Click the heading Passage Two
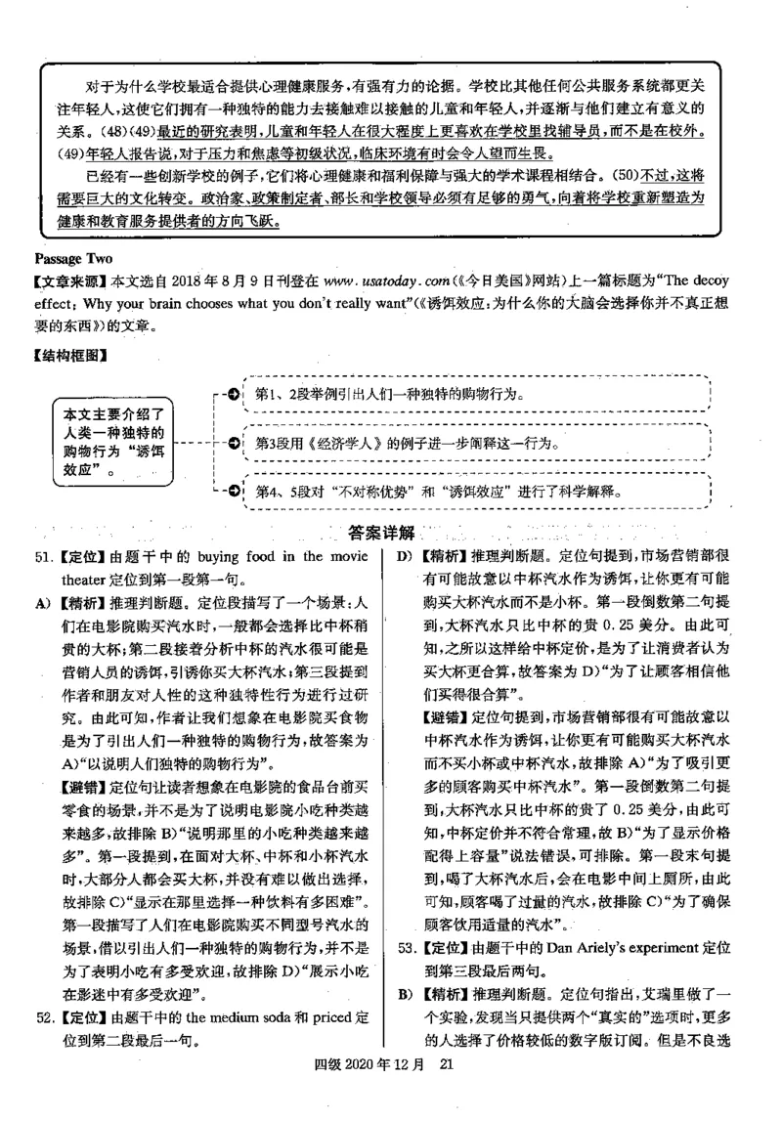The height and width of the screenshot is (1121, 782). [x=73, y=258]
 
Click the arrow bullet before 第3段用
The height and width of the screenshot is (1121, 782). [x=234, y=443]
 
